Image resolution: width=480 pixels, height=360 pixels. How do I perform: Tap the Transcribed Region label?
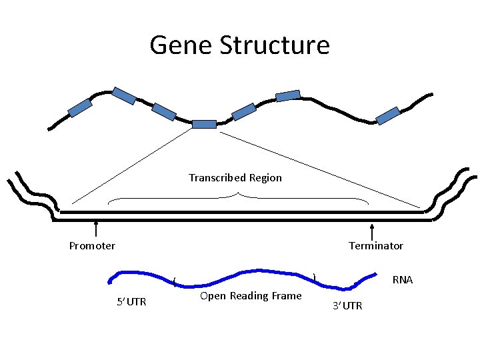pyautogui.click(x=235, y=178)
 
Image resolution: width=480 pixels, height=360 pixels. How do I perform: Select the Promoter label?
pyautogui.click(x=92, y=246)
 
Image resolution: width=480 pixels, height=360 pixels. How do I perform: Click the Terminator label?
pyautogui.click(x=376, y=246)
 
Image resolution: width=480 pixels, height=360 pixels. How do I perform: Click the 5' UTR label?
pyautogui.click(x=131, y=302)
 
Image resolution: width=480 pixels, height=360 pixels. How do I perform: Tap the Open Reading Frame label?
pyautogui.click(x=251, y=296)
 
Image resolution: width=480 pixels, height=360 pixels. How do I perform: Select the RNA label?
pyautogui.click(x=403, y=280)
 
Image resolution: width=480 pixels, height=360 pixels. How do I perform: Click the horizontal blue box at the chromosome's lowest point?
pyautogui.click(x=204, y=124)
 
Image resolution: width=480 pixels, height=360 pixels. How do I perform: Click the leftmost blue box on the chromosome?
pyautogui.click(x=80, y=107)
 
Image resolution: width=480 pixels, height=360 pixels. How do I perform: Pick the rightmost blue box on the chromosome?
pyautogui.click(x=387, y=116)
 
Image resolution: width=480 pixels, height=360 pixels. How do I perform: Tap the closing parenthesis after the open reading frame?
pyautogui.click(x=314, y=275)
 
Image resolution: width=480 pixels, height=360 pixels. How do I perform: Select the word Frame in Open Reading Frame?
pyautogui.click(x=286, y=296)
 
